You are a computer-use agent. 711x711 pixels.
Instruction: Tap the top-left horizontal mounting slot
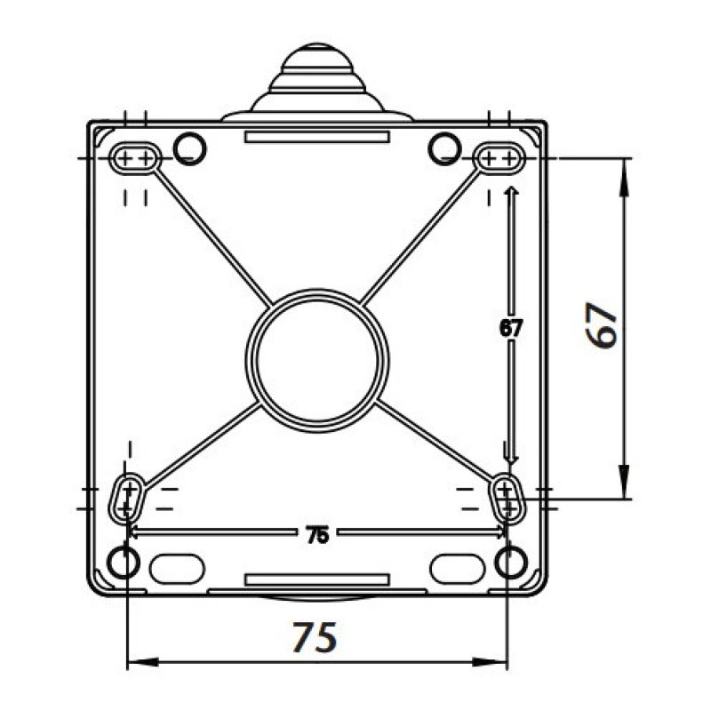[135, 158]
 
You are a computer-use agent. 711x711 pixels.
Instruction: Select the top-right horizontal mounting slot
[499, 158]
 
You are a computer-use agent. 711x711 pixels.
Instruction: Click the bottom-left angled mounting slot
[127, 499]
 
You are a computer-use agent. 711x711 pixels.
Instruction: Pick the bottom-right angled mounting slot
[507, 499]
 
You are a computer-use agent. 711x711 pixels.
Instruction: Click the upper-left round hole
[190, 148]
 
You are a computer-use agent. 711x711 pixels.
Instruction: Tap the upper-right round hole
[445, 148]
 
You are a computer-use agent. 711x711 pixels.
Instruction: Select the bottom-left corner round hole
[124, 563]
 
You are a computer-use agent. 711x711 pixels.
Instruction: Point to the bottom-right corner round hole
[512, 563]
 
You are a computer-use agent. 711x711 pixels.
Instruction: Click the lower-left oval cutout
[177, 569]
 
